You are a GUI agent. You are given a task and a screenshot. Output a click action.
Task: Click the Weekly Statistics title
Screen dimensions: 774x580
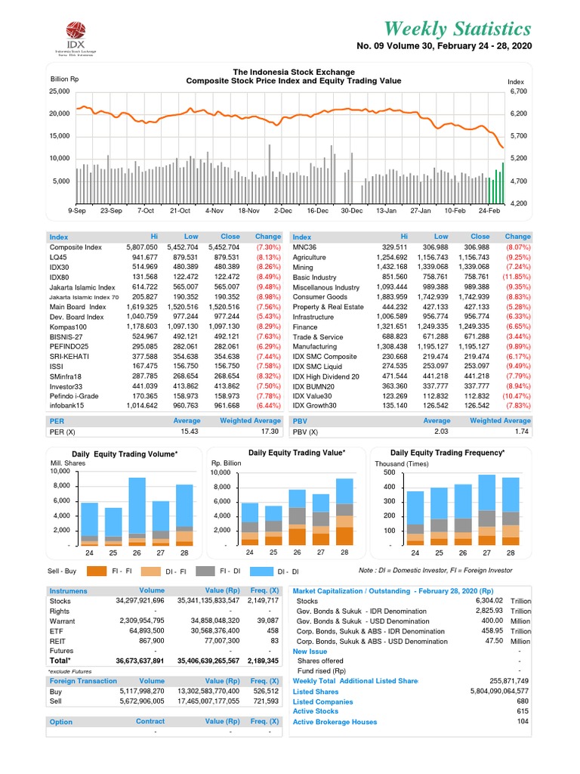457,29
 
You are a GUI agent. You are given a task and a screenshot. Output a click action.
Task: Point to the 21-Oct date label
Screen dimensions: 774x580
180,210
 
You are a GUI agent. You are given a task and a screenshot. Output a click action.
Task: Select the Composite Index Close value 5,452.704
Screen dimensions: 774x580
220,247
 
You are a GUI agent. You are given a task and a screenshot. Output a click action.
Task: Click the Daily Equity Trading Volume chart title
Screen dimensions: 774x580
125,454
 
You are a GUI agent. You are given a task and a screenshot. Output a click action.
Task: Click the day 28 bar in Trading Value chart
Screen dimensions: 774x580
344,512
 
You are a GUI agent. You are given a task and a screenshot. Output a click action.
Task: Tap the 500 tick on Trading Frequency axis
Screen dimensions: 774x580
389,472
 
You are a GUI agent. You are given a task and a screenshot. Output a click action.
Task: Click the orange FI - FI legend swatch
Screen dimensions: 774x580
97,571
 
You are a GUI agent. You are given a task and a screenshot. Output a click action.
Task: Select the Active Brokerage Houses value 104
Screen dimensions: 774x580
522,722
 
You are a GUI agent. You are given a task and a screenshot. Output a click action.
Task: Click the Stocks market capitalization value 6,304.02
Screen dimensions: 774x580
491,600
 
